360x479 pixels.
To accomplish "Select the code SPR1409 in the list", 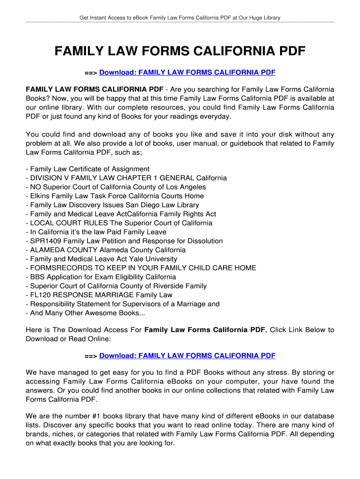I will pyautogui.click(x=46, y=241).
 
